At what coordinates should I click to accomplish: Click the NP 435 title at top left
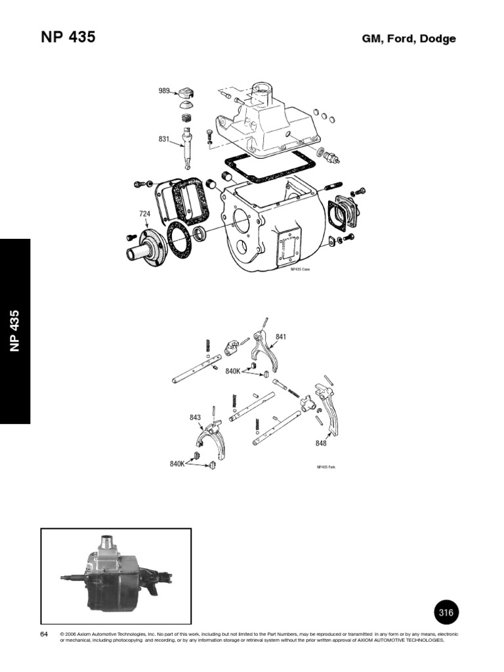tap(68, 37)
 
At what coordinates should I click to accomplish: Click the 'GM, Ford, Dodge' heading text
tap(408, 39)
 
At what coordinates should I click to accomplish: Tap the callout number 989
tap(164, 91)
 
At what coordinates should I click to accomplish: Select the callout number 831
tap(164, 139)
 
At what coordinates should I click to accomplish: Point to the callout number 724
tap(145, 213)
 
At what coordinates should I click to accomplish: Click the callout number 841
tap(281, 337)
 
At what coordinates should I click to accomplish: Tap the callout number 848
tap(321, 443)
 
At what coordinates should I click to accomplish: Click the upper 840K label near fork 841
tap(233, 371)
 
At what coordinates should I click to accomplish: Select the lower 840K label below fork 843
tap(178, 464)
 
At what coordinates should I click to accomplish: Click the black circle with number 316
tap(446, 612)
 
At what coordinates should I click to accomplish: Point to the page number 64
tap(45, 634)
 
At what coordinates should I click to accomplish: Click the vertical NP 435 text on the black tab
tap(15, 331)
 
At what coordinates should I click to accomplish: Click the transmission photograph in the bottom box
tap(115, 576)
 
